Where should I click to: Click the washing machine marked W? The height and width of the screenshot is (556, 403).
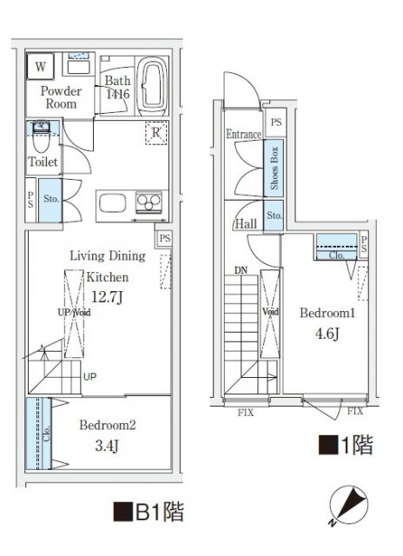[40, 66]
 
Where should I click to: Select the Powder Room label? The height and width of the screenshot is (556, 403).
[59, 97]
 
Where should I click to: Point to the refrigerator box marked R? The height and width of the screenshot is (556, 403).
[155, 134]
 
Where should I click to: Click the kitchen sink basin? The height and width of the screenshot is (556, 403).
[114, 205]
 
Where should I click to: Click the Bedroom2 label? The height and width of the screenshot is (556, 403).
[108, 426]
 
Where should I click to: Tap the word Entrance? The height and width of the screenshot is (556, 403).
[243, 135]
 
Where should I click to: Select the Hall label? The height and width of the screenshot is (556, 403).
[245, 224]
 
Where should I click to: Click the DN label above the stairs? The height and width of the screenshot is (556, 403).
[241, 270]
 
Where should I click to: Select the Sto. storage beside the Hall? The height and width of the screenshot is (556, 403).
[274, 215]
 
